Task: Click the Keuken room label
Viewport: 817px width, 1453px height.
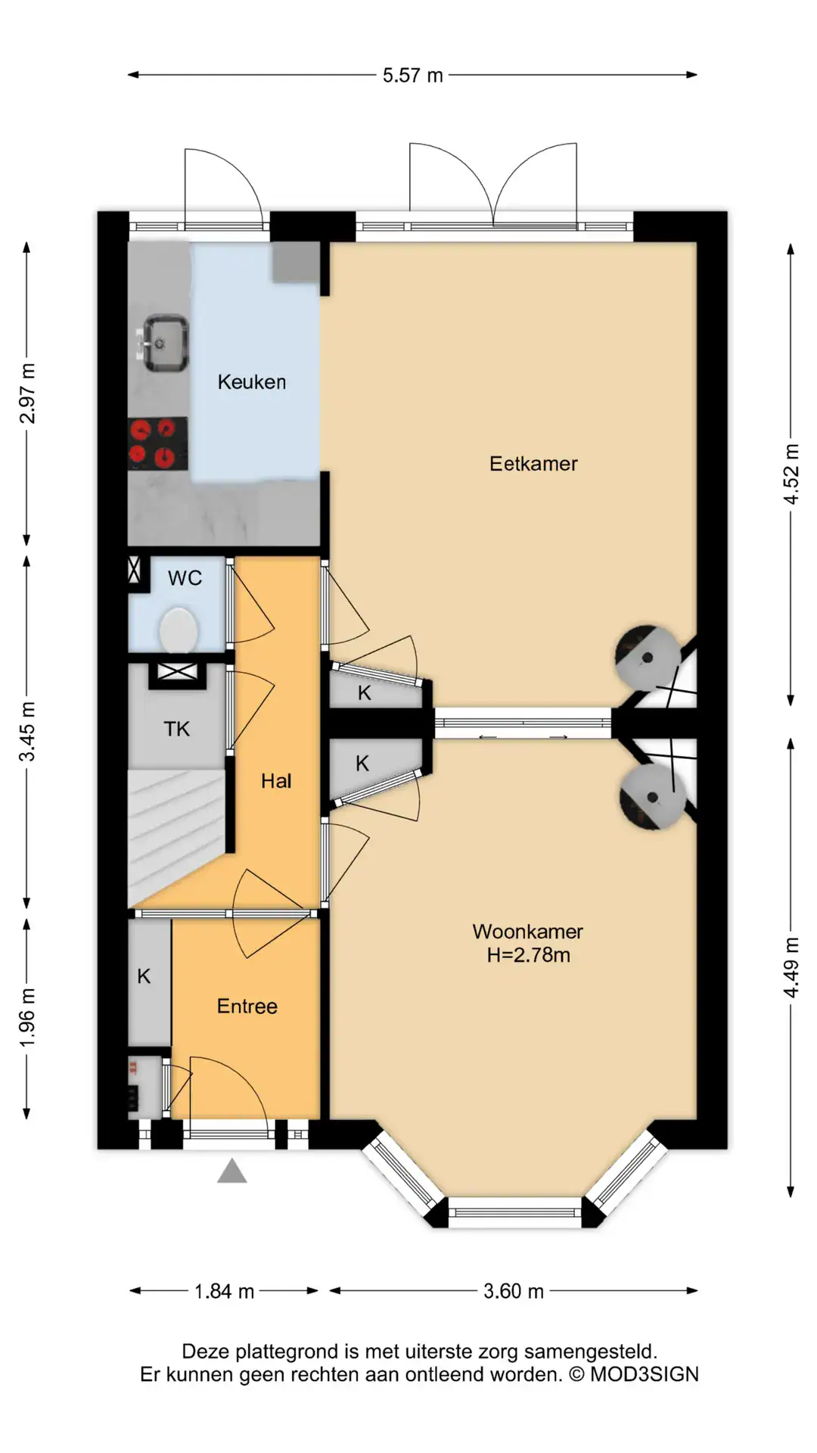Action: coord(252,382)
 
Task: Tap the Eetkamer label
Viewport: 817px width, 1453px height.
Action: coord(533,464)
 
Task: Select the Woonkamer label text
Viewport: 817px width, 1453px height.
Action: coord(528,932)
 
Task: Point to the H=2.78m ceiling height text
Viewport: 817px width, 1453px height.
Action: coord(528,955)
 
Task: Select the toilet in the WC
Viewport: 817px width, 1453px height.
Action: coord(179,630)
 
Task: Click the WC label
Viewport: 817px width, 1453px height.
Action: coord(185,579)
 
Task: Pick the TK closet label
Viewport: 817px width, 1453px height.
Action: coord(177,730)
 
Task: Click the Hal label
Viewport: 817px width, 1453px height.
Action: coord(276,782)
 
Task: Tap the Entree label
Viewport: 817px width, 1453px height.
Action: coord(247,1007)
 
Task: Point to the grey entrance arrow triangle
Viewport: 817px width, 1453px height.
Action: coord(232,1171)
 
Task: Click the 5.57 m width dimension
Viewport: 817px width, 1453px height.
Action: coord(412,75)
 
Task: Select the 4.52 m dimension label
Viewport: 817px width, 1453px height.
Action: coord(791,474)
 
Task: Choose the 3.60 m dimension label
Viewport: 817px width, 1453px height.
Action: coord(514,1291)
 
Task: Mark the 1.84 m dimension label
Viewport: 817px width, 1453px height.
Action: coord(224,1291)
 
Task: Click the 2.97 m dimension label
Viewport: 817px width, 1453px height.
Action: coord(27,394)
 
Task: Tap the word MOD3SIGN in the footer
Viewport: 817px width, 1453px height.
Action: coord(645,1374)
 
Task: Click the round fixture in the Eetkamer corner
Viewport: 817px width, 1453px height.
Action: coord(647,658)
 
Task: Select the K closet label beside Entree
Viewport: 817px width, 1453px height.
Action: coord(144,977)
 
